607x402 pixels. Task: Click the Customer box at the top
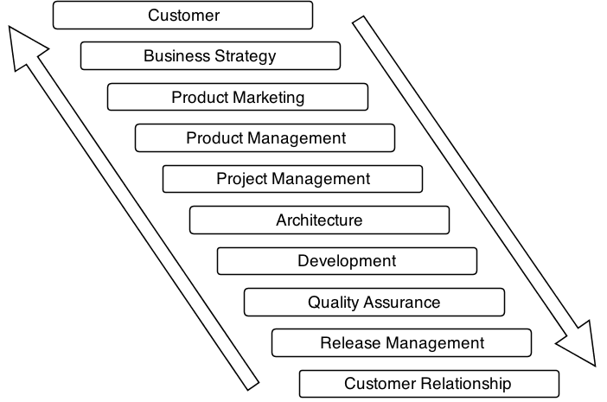(182, 16)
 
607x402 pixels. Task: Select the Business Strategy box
(210, 56)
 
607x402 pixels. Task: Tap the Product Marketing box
(238, 97)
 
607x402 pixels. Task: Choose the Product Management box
(265, 137)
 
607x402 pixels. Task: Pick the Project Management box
(292, 179)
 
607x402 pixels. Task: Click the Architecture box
(319, 220)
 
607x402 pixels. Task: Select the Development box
(347, 261)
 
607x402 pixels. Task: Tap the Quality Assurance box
(374, 302)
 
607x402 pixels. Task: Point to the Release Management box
(402, 343)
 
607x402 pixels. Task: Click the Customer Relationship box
(429, 384)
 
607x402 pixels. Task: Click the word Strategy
(246, 57)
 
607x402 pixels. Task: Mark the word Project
(241, 180)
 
